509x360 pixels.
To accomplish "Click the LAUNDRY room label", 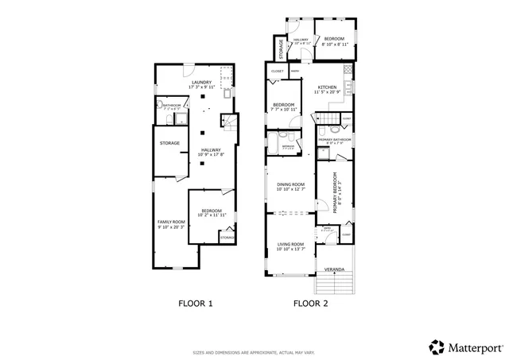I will (203, 79).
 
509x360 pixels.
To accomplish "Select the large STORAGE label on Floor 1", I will (169, 143).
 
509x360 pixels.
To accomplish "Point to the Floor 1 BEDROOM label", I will (211, 211).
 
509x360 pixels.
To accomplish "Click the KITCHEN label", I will (328, 87).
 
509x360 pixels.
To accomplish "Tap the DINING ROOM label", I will (290, 184).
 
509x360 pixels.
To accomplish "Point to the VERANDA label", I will (334, 270).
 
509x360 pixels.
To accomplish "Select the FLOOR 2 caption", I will (311, 303).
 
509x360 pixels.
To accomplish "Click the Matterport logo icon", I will (437, 346).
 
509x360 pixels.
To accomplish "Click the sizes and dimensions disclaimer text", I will (254, 353).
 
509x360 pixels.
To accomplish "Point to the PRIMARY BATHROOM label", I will (335, 140).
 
